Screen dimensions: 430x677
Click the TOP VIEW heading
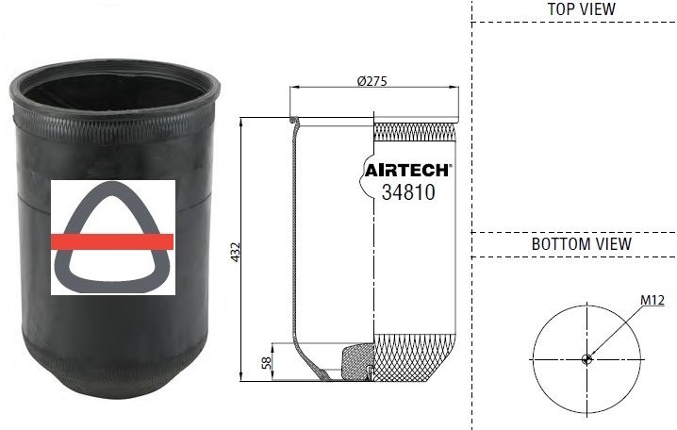click(581, 8)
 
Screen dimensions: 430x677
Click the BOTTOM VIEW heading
click(581, 243)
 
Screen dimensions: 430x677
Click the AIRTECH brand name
click(407, 171)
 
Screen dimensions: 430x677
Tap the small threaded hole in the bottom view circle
click(586, 358)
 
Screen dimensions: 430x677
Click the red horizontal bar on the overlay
click(113, 242)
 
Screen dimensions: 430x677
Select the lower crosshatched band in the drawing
click(415, 358)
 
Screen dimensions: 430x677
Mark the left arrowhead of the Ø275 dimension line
click(293, 89)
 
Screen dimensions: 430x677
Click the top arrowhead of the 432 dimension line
click(242, 122)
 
